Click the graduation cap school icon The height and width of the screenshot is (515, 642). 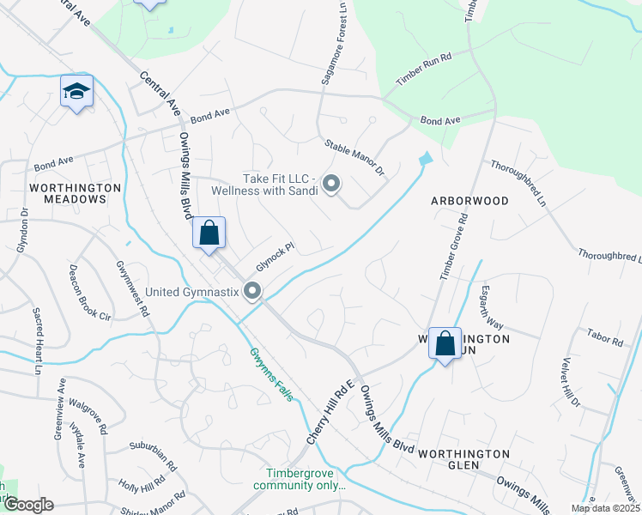76,91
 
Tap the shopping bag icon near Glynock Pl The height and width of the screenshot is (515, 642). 209,233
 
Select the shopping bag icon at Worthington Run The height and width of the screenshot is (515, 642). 445,344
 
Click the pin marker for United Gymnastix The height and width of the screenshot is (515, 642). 252,292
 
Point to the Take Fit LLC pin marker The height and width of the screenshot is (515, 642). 332,184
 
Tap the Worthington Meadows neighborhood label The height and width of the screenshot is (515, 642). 68,192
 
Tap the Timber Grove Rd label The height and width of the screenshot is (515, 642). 454,247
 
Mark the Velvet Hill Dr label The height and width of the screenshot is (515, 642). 571,382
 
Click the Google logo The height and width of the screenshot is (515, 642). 27,505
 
